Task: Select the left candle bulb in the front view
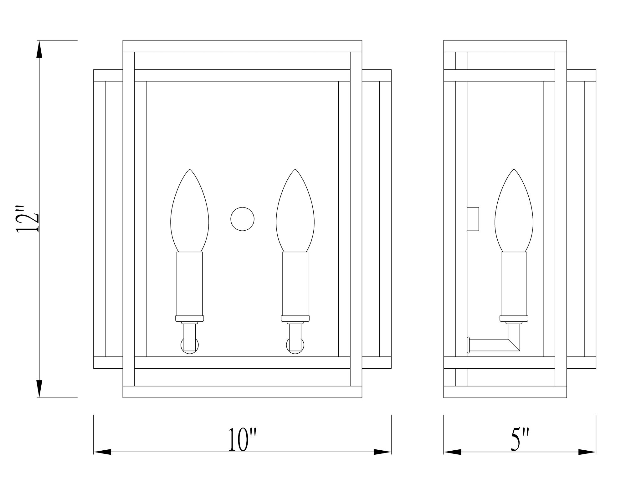(190, 213)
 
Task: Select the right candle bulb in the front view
(295, 213)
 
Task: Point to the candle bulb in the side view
(514, 213)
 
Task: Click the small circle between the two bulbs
(242, 219)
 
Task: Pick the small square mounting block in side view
(473, 219)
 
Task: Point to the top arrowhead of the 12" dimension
(39, 50)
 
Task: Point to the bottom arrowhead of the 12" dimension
(39, 388)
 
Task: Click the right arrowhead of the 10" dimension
(382, 452)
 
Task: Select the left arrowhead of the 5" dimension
(452, 452)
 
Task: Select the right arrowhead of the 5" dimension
(587, 452)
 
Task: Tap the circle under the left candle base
(190, 345)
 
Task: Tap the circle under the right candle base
(295, 345)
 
